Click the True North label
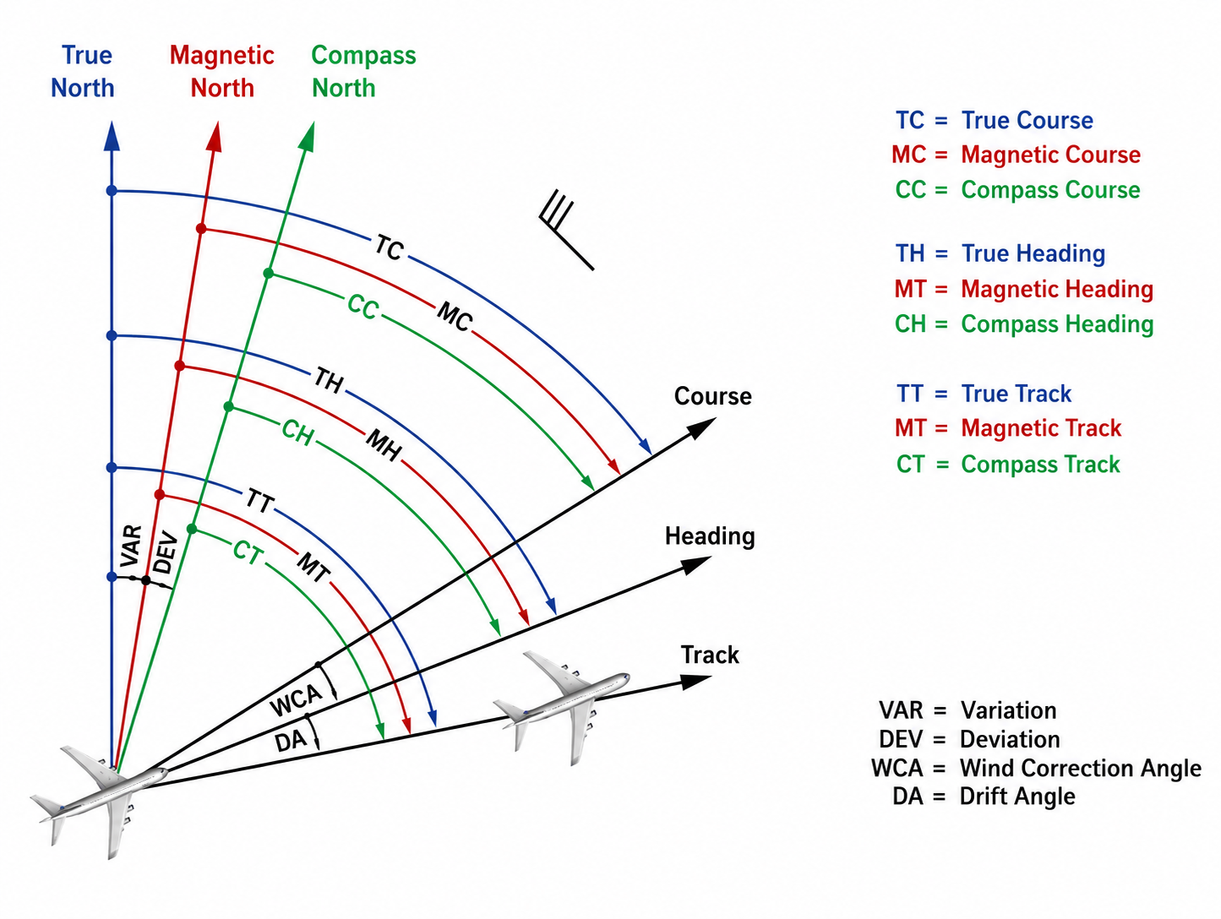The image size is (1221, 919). coord(84,72)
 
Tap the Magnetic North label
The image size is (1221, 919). coord(222,72)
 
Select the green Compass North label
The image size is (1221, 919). coord(363,72)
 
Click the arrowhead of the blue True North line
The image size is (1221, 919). coord(112,136)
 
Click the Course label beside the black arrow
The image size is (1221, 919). coord(712,396)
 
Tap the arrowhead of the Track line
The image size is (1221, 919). coord(696,682)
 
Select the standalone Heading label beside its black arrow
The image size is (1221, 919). coord(710,536)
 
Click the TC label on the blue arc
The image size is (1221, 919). coord(389,247)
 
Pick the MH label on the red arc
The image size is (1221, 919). coord(384,445)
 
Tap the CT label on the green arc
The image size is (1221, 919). coord(248,552)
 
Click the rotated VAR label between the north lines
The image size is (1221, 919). coord(131,546)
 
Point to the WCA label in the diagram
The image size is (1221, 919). coord(296,699)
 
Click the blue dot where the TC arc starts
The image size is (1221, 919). coord(112,191)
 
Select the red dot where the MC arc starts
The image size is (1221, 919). coord(201,229)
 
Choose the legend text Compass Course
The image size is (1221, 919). coord(1050,190)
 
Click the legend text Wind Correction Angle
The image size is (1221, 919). coord(1080,769)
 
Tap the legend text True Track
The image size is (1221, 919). coord(1016,394)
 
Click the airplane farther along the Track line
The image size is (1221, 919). coord(562,707)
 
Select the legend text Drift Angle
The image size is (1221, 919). coord(1017,797)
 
